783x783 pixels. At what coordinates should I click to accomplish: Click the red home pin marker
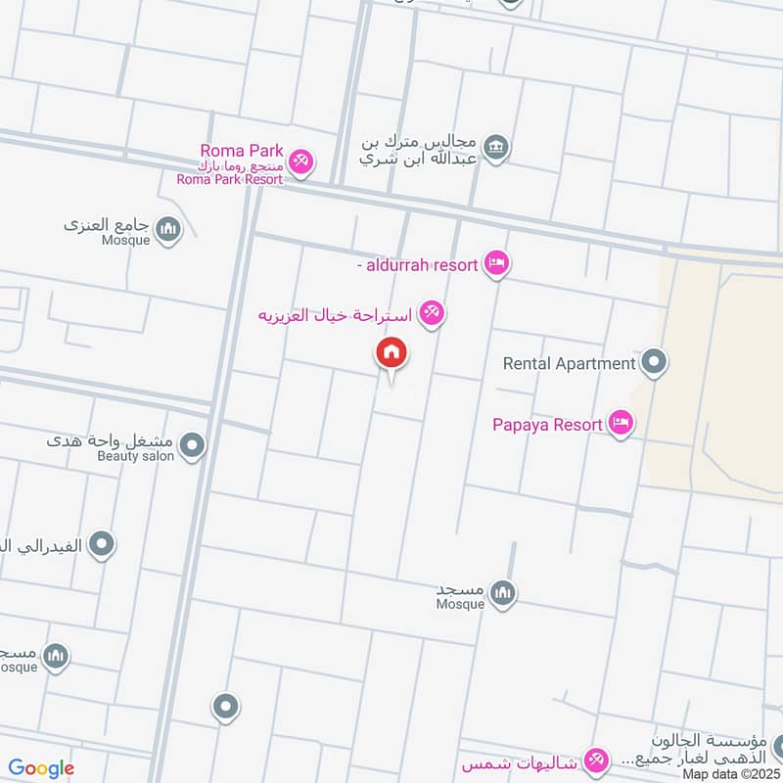[x=391, y=353]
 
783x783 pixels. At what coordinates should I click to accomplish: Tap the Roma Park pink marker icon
[x=301, y=161]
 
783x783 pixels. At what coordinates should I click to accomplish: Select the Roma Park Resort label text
[x=230, y=179]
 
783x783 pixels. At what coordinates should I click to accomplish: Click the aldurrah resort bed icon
[x=497, y=262]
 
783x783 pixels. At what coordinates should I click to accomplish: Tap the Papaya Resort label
[x=547, y=425]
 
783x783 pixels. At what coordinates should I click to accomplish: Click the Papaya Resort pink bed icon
[x=620, y=423]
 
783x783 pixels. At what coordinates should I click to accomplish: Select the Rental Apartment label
[x=569, y=363]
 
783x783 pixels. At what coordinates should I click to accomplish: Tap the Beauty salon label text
[x=136, y=456]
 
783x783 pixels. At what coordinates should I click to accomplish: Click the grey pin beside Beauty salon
[x=193, y=446]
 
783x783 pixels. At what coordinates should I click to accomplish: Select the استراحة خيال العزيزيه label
[x=332, y=314]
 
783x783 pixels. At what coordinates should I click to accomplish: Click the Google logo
[x=41, y=768]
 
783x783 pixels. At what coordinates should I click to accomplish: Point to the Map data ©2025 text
[x=729, y=774]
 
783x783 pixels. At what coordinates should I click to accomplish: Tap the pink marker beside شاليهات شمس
[x=594, y=759]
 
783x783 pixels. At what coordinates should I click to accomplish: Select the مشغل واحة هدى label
[x=112, y=439]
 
